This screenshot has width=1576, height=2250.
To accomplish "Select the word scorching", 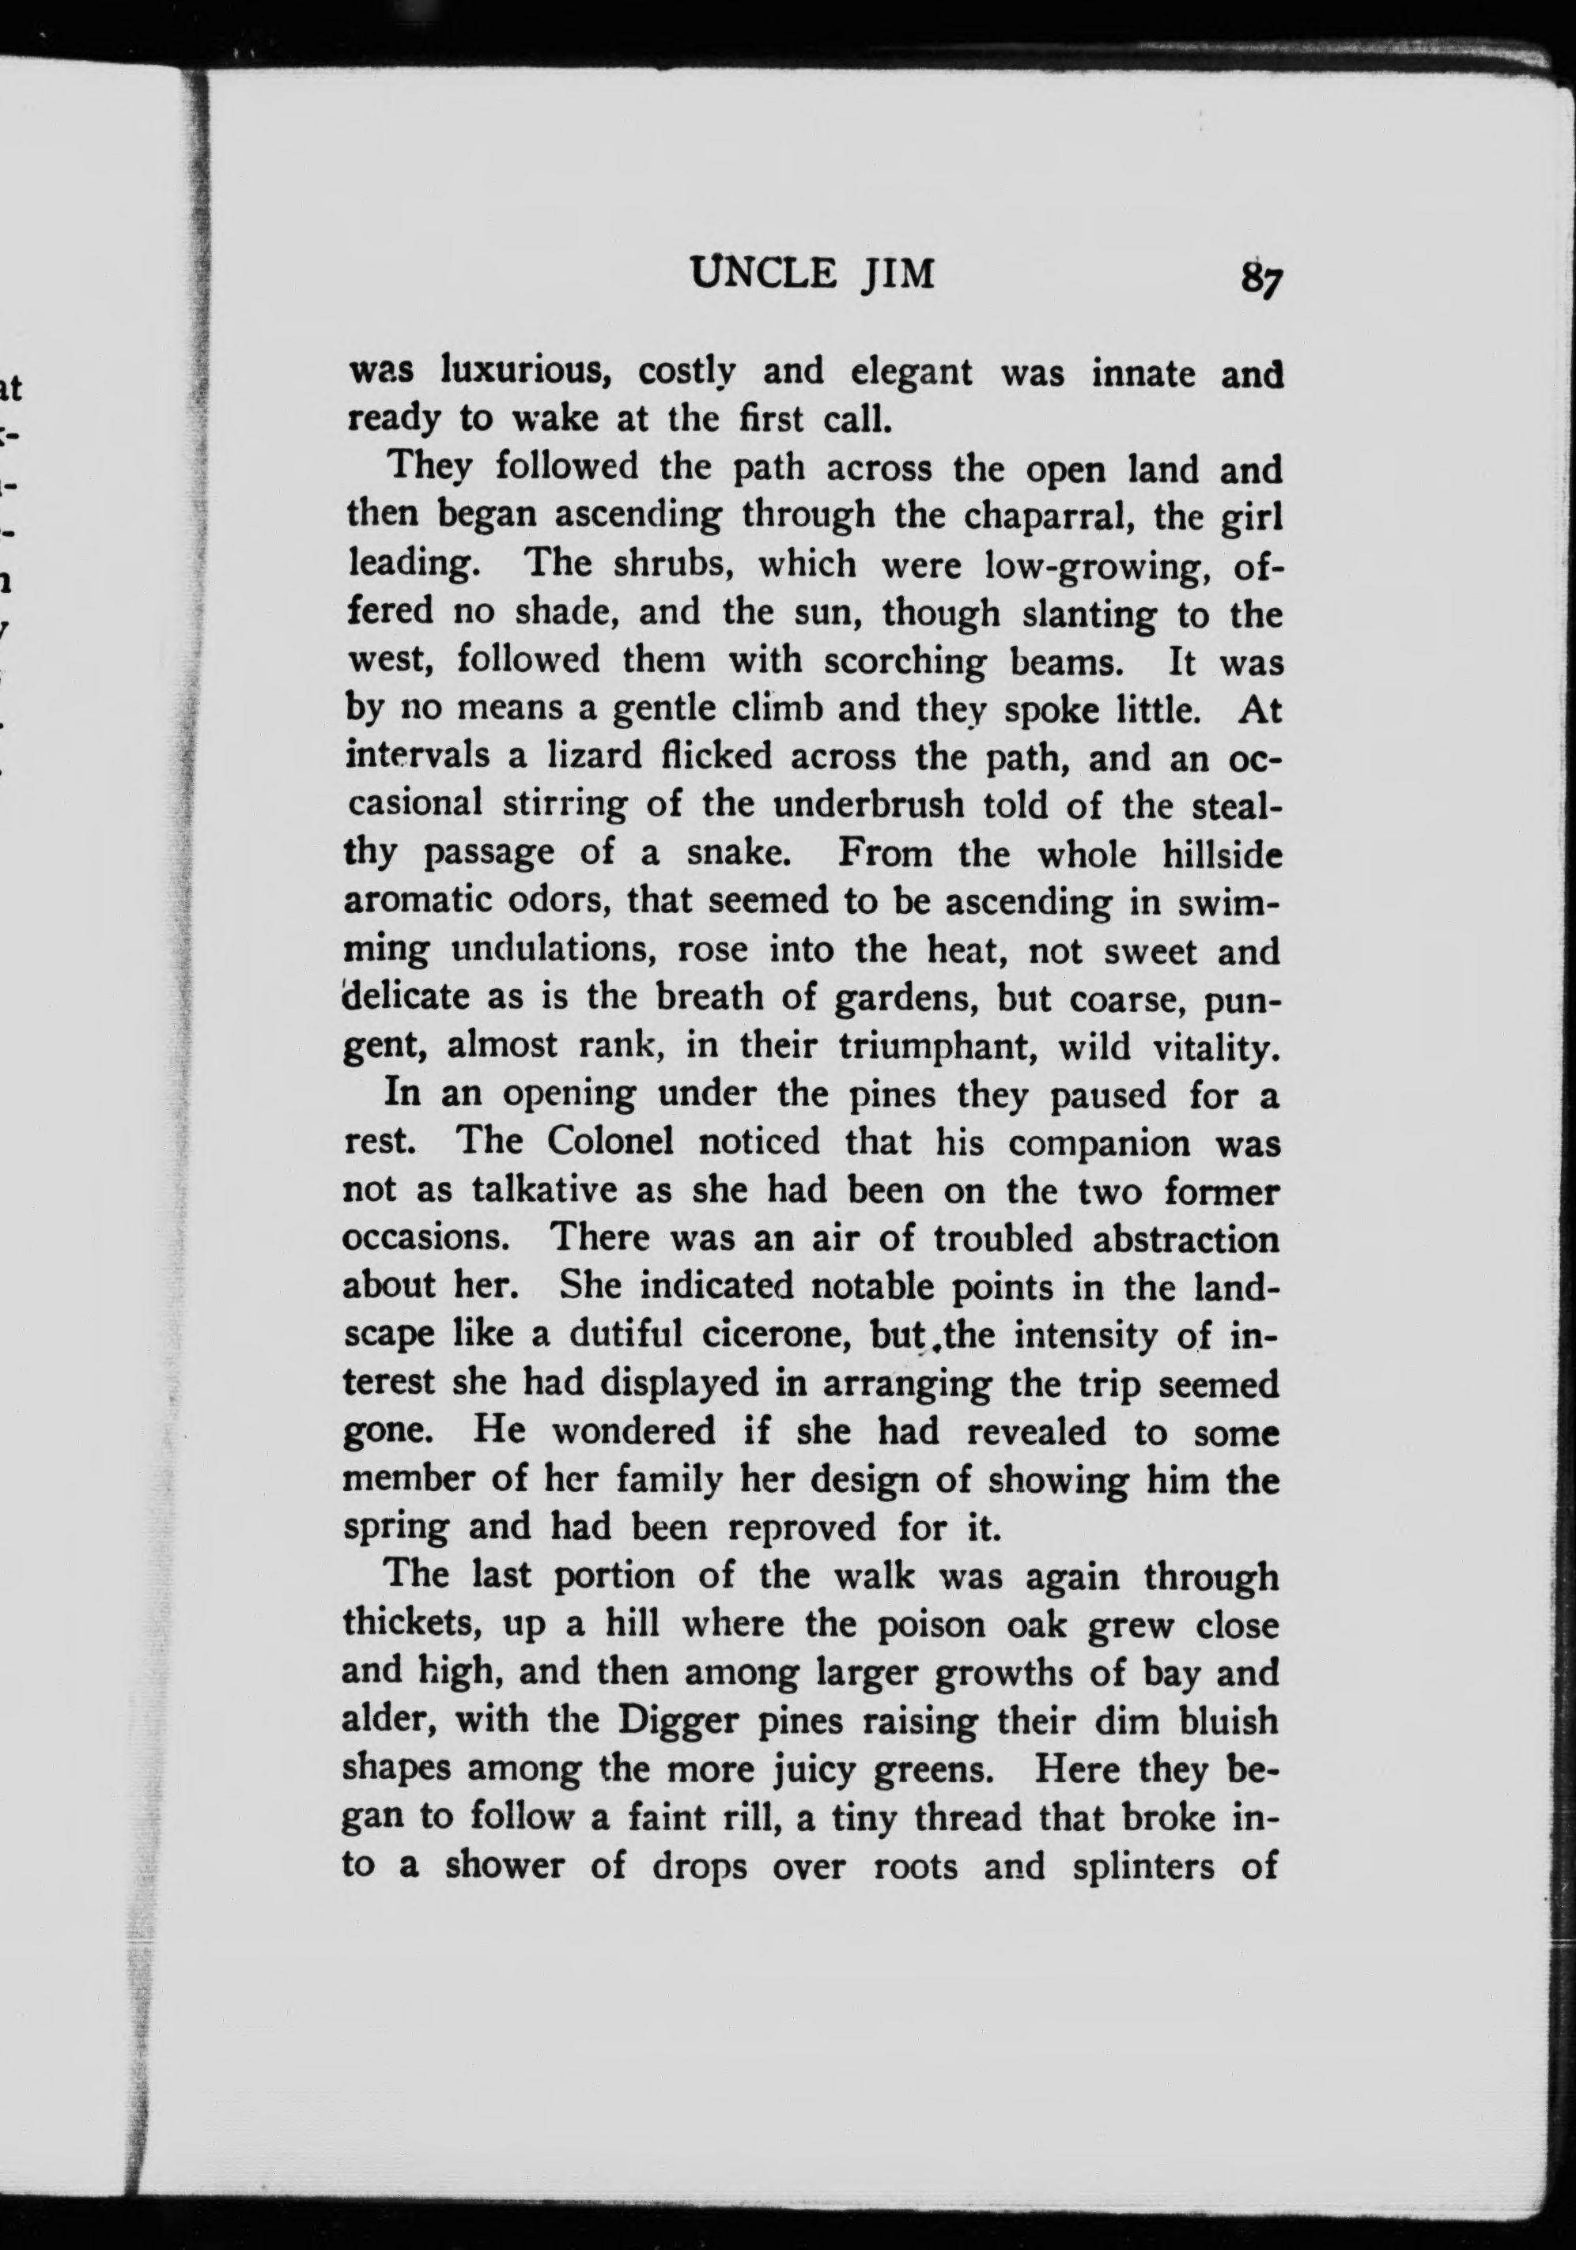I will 905,662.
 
